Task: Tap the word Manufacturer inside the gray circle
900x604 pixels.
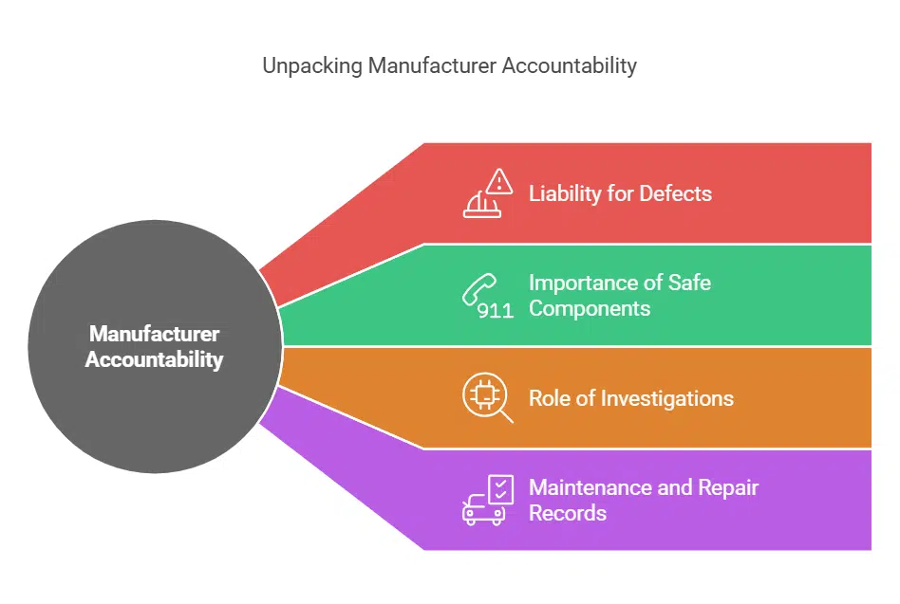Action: (154, 335)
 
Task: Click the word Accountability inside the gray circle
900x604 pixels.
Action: (154, 360)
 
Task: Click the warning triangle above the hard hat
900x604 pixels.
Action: (498, 180)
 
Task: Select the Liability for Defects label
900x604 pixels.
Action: (619, 193)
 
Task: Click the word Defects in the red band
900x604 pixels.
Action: (675, 193)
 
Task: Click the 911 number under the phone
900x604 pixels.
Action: (495, 311)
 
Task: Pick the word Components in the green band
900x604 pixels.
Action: (589, 308)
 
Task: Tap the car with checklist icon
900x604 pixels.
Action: (487, 500)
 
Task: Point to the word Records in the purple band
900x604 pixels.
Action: (567, 513)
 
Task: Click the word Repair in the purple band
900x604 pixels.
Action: (728, 487)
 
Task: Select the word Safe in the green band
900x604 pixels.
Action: (688, 283)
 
